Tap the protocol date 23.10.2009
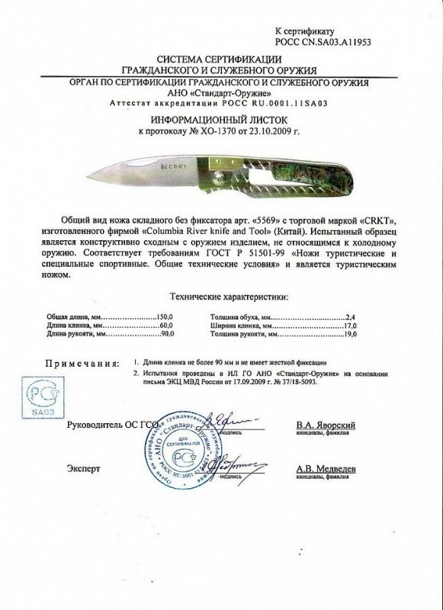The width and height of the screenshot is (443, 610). click(268, 132)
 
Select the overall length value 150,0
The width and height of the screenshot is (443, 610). click(163, 315)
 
